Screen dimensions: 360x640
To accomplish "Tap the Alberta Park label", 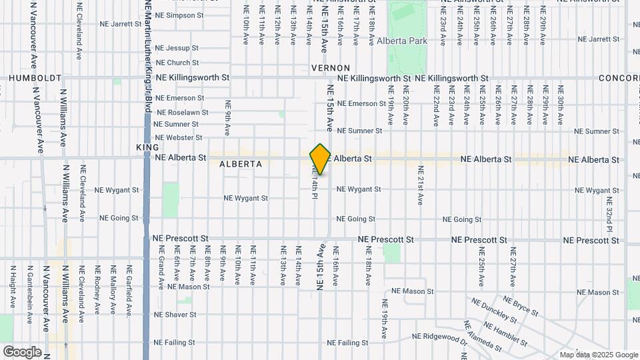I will point(401,41).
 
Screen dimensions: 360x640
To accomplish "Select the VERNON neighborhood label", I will point(330,68).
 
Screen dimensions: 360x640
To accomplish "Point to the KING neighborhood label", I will point(147,147).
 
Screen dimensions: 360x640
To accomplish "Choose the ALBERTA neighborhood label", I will point(240,163).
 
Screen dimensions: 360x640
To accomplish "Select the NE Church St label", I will point(177,63).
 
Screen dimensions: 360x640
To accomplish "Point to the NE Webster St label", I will point(178,137).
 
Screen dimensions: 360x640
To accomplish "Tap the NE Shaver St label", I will point(175,314).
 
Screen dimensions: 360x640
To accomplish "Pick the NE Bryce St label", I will point(521,307).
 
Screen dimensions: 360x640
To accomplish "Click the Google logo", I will point(21,352).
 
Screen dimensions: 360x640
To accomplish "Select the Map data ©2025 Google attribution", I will point(599,355).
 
